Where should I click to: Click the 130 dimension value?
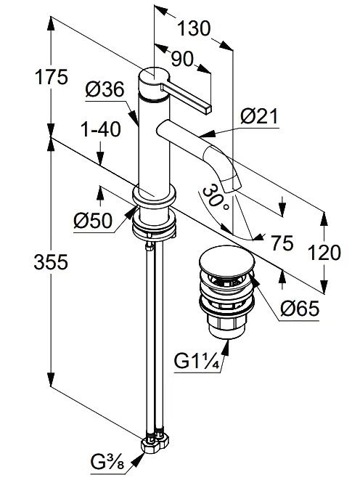click(x=194, y=28)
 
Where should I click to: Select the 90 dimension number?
click(x=182, y=59)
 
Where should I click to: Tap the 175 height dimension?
click(x=51, y=77)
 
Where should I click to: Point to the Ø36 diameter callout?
click(x=105, y=90)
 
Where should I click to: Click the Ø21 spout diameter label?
click(x=259, y=116)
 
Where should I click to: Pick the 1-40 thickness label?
click(x=101, y=129)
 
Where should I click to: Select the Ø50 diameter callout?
click(x=93, y=221)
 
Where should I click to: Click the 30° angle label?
click(x=215, y=198)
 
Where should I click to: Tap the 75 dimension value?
click(x=282, y=243)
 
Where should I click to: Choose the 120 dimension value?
click(x=324, y=253)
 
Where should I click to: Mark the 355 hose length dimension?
click(x=51, y=262)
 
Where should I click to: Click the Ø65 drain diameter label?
click(x=300, y=308)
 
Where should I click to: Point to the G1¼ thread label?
click(x=197, y=361)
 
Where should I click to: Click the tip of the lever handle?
click(x=208, y=109)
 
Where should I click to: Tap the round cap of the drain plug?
click(x=226, y=260)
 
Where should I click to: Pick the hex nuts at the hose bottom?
click(x=155, y=444)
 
